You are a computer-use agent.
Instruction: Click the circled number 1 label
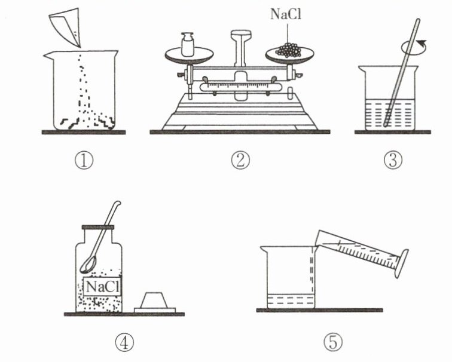(84, 161)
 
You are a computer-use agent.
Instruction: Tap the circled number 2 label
(240, 161)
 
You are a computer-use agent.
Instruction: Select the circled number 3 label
(393, 161)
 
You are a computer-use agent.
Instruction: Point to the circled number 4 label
(124, 343)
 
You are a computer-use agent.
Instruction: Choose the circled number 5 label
(333, 342)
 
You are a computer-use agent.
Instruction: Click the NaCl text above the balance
(286, 14)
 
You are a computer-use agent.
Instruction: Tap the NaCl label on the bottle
(102, 287)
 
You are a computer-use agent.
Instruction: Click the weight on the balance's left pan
(188, 44)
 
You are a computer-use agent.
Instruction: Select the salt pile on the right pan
(289, 50)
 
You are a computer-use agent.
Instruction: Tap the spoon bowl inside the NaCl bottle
(87, 265)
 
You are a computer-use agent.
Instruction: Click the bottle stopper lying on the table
(155, 303)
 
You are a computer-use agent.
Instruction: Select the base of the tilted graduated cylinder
(402, 264)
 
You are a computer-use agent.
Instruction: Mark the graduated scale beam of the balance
(240, 87)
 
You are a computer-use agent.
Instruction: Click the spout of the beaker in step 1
(48, 56)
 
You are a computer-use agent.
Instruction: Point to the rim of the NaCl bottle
(98, 227)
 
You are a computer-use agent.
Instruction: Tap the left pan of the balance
(189, 56)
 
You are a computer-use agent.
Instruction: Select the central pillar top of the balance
(241, 34)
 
